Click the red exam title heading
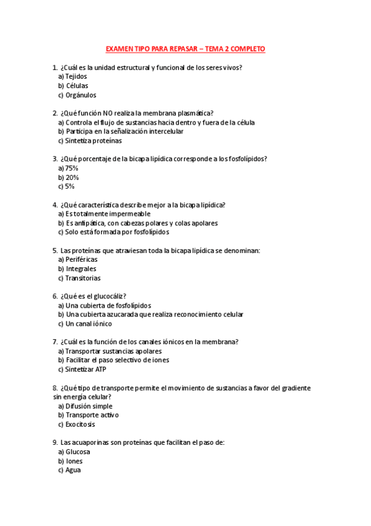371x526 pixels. pyautogui.click(x=185, y=48)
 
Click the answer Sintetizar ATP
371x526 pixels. pyautogui.click(x=86, y=369)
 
